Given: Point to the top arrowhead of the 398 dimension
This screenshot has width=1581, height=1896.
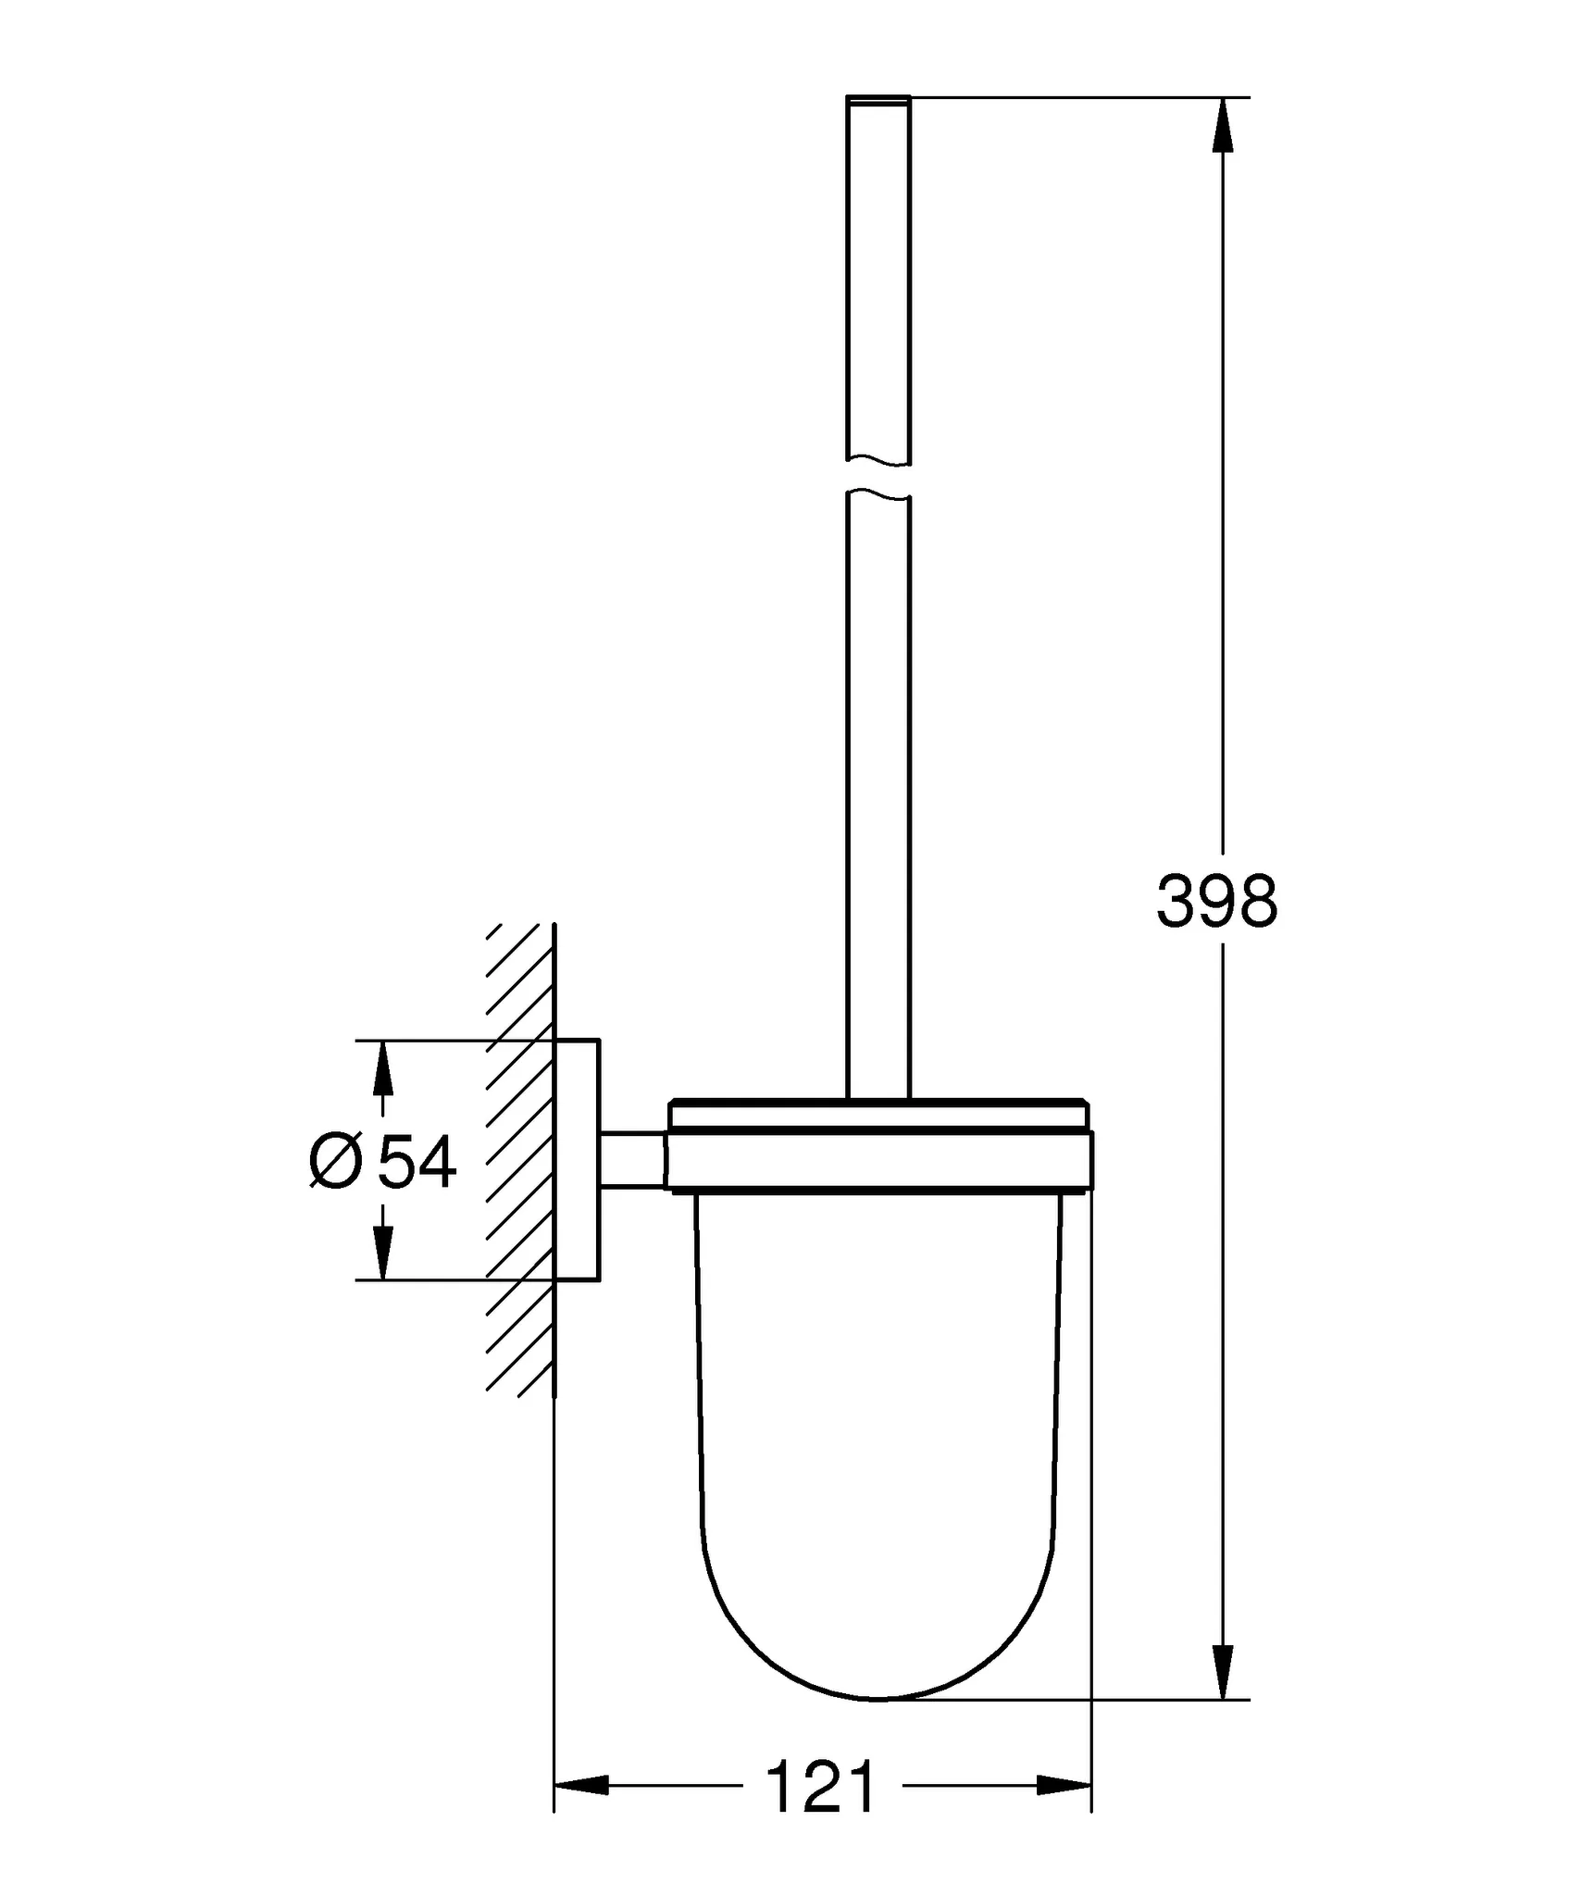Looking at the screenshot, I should pyautogui.click(x=1223, y=125).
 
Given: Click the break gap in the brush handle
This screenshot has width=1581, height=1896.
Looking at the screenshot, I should pyautogui.click(x=878, y=479).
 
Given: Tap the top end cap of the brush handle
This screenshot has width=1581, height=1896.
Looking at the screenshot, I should pyautogui.click(x=878, y=99).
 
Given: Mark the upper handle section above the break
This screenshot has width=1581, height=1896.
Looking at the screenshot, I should pyautogui.click(x=878, y=278).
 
